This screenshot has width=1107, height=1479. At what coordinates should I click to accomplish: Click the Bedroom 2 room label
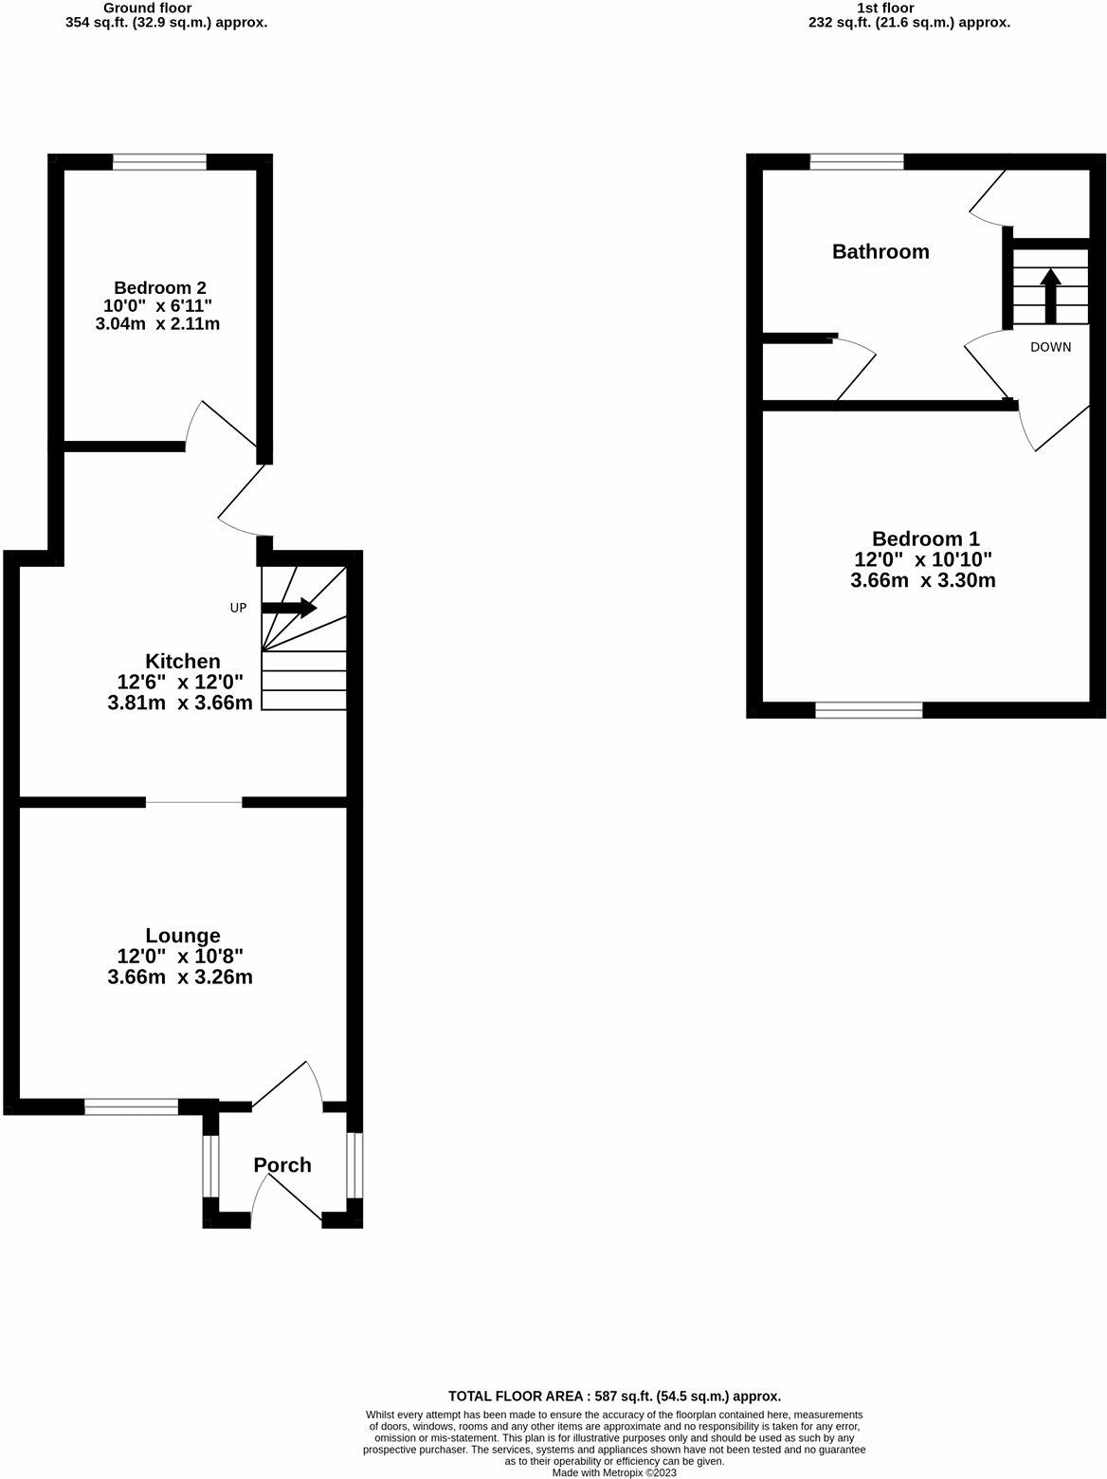coord(160,287)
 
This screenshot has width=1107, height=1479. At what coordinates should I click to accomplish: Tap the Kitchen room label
coord(182,661)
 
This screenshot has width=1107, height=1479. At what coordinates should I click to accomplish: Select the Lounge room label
coord(183,936)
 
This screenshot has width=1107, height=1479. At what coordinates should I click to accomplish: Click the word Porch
coord(282,1165)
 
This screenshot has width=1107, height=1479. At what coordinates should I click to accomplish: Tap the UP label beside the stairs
coord(238,608)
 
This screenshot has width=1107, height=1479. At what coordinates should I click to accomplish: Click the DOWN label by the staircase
coord(1050,347)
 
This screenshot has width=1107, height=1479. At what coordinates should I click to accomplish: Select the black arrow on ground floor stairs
coord(289,608)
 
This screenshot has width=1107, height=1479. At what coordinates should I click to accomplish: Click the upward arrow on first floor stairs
coord(1050,295)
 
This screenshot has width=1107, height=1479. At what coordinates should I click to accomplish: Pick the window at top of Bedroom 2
coord(159,162)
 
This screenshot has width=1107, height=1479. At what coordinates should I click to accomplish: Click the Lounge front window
coord(131,1106)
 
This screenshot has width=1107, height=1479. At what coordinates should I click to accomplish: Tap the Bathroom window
coord(857,162)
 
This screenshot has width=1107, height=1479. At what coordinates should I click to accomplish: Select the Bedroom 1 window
coord(868,710)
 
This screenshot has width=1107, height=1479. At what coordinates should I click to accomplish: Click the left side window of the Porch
coord(210,1165)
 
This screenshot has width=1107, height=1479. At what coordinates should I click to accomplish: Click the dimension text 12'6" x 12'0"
coord(180,682)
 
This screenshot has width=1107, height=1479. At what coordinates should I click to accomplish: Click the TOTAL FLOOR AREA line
coord(614,1396)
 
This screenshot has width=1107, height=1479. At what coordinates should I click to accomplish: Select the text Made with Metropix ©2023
coord(614,1472)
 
